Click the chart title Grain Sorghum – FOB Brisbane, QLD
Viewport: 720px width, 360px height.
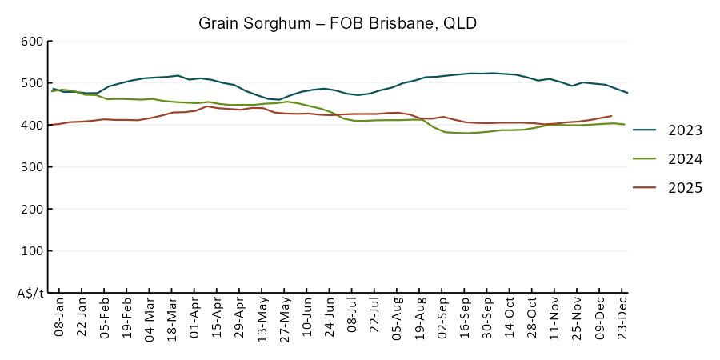tap(338, 23)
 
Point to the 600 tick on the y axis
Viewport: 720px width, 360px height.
tap(32, 42)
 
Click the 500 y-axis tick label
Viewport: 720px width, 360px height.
tap(32, 83)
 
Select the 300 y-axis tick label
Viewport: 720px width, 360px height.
tap(32, 167)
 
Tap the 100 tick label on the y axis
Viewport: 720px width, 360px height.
tap(32, 251)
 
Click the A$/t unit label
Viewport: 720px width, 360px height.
tap(30, 293)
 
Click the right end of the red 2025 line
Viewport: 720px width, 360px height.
tap(612, 116)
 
